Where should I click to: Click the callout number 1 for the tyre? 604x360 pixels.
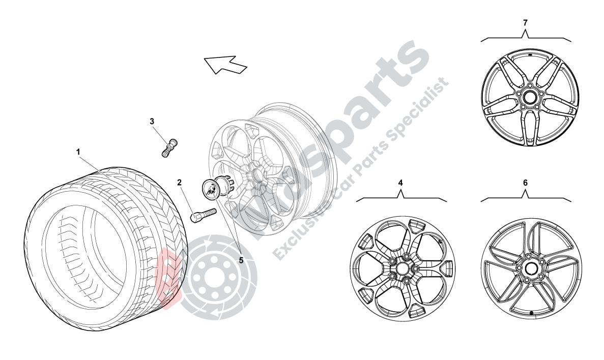(x=78, y=152)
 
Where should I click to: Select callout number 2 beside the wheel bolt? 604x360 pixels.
(x=180, y=182)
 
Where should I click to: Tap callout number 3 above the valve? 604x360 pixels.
(x=152, y=121)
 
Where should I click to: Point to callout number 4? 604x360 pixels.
(x=400, y=182)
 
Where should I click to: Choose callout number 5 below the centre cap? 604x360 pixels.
(x=241, y=259)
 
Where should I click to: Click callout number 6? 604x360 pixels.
(x=526, y=182)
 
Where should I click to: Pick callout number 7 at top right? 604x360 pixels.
(x=526, y=22)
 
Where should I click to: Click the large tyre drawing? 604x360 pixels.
(x=102, y=249)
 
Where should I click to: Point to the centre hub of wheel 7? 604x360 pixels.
(x=530, y=98)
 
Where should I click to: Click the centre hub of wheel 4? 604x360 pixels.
(x=402, y=268)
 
